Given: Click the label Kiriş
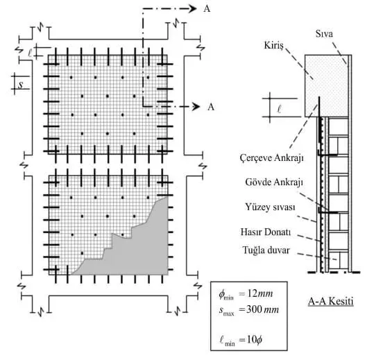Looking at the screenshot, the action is click(x=273, y=46).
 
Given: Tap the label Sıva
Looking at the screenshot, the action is click(x=324, y=33).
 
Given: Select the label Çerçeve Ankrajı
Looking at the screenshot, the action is click(x=272, y=157).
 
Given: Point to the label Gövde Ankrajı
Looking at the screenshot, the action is click(x=274, y=182).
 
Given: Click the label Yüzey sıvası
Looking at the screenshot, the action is click(x=270, y=207).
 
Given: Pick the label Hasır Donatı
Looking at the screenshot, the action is click(x=266, y=232).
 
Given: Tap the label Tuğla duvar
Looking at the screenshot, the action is click(x=266, y=250).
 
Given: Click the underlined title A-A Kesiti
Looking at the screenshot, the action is click(x=330, y=301).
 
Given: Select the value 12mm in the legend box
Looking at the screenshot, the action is click(x=260, y=293).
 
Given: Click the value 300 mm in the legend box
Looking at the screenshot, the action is click(x=262, y=309).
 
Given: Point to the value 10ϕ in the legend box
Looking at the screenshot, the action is click(x=254, y=339).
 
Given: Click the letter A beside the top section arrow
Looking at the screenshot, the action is click(x=207, y=9).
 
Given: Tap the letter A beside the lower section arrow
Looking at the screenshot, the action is click(x=211, y=107).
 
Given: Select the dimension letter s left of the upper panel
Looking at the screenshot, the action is click(x=21, y=85).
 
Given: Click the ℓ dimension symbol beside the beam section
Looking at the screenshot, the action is click(x=280, y=110).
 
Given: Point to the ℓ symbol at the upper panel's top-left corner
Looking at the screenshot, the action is click(x=30, y=53).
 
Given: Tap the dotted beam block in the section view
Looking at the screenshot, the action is click(x=326, y=86).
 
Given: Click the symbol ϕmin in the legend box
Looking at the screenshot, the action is click(x=226, y=295).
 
